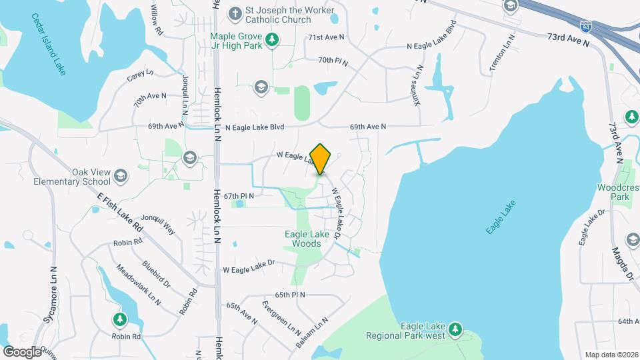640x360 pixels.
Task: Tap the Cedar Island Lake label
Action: [50, 45]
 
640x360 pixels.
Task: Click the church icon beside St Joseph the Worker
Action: [235, 13]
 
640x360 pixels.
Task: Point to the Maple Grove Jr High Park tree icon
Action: [272, 41]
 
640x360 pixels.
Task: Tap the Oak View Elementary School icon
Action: [121, 175]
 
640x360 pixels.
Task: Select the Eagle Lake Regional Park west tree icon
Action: [455, 329]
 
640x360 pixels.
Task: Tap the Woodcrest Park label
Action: [613, 192]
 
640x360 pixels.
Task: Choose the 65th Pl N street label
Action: [290, 294]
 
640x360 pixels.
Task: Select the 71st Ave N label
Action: [326, 37]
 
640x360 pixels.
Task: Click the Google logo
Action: [22, 351]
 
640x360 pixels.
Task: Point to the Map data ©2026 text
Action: [611, 354]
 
